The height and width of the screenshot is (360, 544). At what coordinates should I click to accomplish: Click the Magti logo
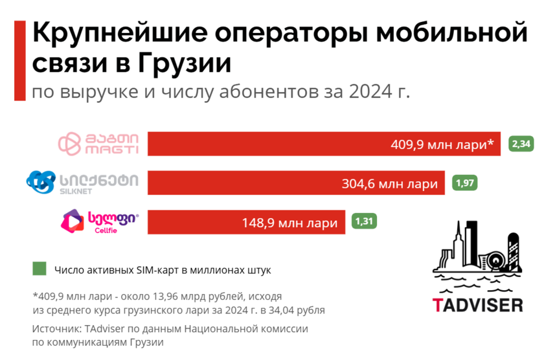pyautogui.click(x=98, y=144)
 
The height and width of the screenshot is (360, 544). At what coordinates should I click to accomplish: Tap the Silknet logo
pyautogui.click(x=82, y=182)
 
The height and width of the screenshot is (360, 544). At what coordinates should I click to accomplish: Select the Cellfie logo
pyautogui.click(x=99, y=222)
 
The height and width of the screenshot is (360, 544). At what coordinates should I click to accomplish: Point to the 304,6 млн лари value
pyautogui.click(x=389, y=184)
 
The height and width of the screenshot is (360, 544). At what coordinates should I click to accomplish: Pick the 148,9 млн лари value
pyautogui.click(x=289, y=223)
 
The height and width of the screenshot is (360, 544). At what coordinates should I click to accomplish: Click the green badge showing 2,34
pyautogui.click(x=521, y=144)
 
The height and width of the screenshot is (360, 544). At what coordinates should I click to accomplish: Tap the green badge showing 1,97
pyautogui.click(x=466, y=183)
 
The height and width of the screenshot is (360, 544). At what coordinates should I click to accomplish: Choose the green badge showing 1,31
pyautogui.click(x=365, y=222)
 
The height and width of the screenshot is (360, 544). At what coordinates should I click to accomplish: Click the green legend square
pyautogui.click(x=39, y=269)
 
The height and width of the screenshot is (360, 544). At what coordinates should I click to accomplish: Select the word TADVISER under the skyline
pyautogui.click(x=478, y=304)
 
